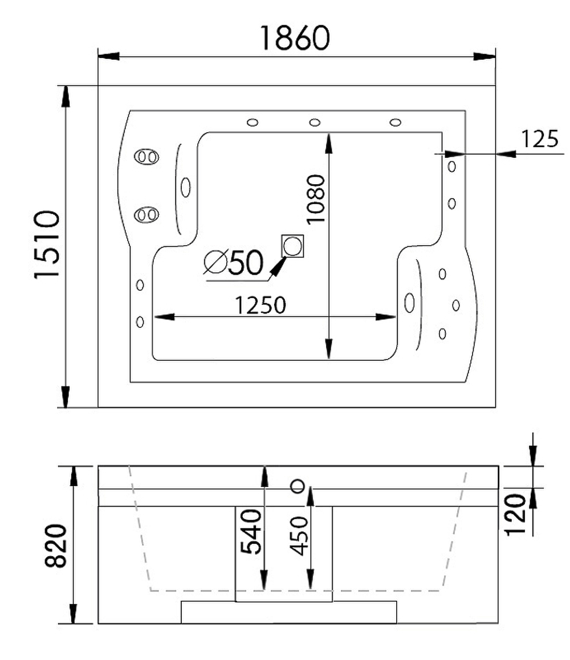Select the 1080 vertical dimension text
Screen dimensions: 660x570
pos(315,199)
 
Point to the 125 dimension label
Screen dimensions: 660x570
pos(539,139)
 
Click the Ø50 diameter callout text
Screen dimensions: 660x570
pos(234,263)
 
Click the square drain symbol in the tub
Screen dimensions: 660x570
pos(292,246)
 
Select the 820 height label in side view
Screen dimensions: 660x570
pos(56,546)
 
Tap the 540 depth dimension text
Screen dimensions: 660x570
pos(251,532)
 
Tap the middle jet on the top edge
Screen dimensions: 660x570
pos(315,122)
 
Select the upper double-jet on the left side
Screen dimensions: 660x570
pos(146,157)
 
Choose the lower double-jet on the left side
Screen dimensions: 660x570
pos(146,214)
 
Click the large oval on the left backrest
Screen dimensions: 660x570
pos(185,187)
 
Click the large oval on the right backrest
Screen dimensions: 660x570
pos(409,302)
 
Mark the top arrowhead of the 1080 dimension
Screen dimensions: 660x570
pos(328,143)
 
